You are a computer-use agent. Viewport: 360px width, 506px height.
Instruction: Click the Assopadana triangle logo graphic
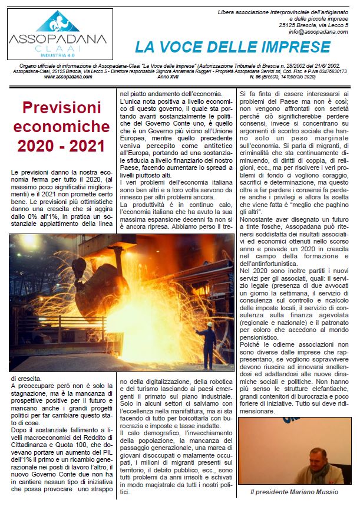click(57, 21)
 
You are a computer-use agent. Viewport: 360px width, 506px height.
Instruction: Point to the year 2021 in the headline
click(84, 145)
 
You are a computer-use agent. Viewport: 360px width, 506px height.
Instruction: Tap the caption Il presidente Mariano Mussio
click(293, 492)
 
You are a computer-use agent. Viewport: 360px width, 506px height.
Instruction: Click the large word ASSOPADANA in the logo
click(57, 40)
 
